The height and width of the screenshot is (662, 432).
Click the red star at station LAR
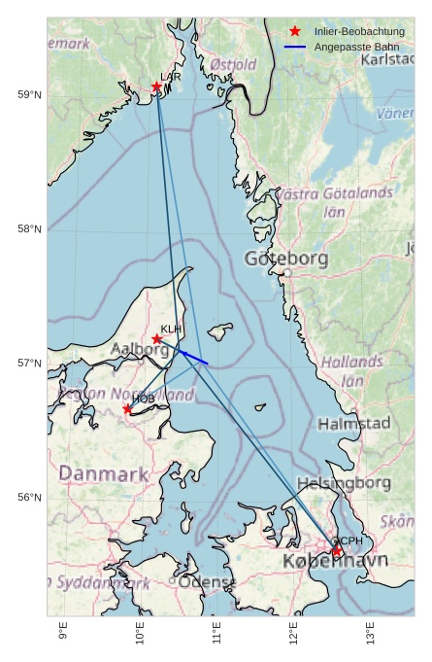156,87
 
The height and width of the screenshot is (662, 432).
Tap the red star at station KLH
157,339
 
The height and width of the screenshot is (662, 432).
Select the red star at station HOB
127,409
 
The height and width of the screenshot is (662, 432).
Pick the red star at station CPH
337,551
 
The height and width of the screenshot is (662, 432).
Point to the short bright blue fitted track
193,357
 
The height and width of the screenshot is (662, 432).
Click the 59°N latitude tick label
29,94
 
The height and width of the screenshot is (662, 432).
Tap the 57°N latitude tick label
29,364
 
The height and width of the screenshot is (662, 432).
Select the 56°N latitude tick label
29,498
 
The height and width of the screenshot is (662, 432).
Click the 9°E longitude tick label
63,633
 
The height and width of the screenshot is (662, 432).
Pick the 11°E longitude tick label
217,633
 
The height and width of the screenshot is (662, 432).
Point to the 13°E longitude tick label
371,633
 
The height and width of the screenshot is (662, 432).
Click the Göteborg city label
285,259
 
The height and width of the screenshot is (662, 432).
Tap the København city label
335,561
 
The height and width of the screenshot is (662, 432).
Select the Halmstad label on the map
353,424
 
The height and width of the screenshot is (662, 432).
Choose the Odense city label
207,581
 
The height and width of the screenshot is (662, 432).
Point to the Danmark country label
104,474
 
